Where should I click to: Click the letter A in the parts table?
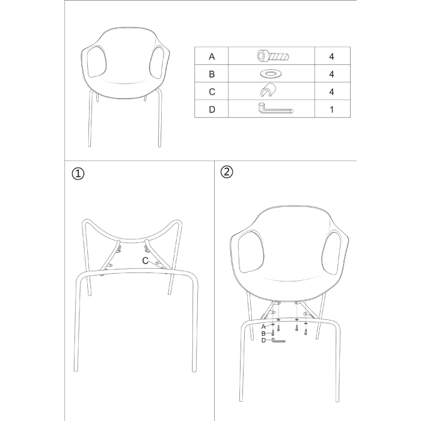click(212, 57)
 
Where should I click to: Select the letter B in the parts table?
click(212, 74)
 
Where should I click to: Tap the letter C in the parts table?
click(212, 92)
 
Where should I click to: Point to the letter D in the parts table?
click(212, 109)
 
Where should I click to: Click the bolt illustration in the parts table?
click(273, 56)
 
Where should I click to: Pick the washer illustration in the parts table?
click(271, 74)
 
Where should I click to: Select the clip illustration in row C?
click(268, 90)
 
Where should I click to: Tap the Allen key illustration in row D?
click(275, 108)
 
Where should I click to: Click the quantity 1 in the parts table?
click(332, 109)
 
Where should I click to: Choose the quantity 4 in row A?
click(331, 57)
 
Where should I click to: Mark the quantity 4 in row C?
click(331, 92)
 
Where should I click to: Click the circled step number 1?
click(78, 174)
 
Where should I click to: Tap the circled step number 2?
click(227, 172)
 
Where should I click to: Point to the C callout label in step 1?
click(146, 260)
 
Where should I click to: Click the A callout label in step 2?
click(263, 327)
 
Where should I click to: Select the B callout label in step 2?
click(263, 334)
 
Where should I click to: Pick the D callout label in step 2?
click(263, 340)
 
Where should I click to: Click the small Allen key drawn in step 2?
click(278, 341)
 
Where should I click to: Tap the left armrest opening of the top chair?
click(97, 62)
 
